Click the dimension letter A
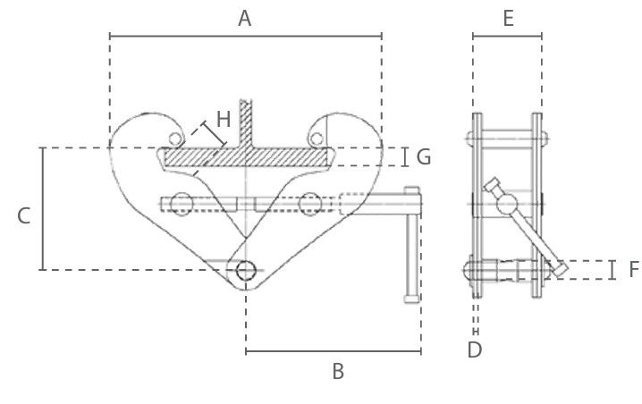245,17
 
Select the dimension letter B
338,371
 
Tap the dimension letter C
24,215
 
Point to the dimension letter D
475,349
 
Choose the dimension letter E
508,17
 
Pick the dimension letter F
633,269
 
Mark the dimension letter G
424,157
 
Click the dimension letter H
224,118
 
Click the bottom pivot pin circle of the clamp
245,271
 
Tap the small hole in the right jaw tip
316,138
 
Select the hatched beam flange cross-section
245,157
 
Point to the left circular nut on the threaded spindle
182,204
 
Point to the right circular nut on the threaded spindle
310,204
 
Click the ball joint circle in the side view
503,206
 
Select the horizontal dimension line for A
245,36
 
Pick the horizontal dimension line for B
333,351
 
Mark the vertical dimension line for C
42,208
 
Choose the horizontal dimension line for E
507,36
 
